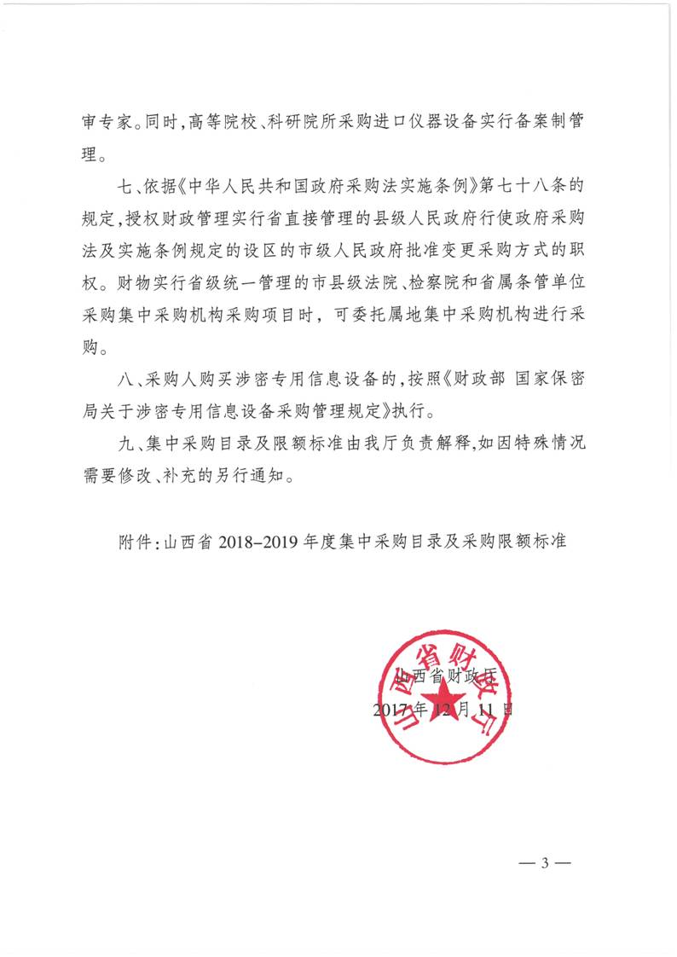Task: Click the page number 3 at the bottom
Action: pos(544,862)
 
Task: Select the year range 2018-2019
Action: pos(261,541)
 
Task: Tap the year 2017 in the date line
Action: pos(394,709)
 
